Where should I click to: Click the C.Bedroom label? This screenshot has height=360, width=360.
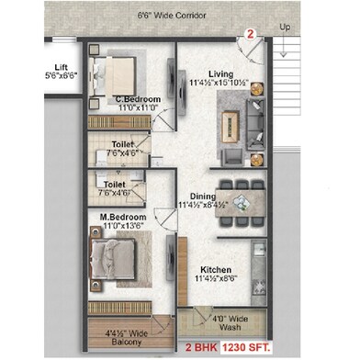(132, 98)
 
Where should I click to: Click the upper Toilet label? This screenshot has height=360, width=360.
(122, 144)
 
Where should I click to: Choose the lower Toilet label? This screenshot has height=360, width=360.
(116, 185)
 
